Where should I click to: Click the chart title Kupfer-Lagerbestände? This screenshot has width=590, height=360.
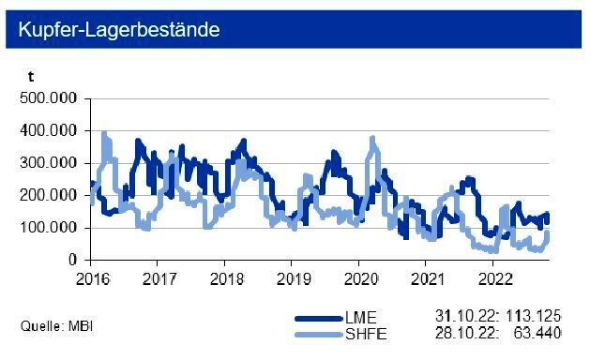[118, 30]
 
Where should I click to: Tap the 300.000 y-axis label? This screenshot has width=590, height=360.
[52, 163]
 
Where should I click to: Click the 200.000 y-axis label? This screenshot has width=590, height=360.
[52, 196]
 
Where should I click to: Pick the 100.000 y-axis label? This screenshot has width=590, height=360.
[52, 228]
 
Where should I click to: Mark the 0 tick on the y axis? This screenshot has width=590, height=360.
[74, 260]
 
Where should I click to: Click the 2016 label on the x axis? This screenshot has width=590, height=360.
[91, 278]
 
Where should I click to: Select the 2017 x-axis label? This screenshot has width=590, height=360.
[158, 278]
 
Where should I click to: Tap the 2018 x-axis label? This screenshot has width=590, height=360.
[225, 278]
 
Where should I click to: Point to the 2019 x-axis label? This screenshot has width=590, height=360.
[293, 278]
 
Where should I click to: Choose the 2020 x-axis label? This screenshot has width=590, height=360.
[360, 278]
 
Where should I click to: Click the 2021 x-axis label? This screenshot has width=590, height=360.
[428, 278]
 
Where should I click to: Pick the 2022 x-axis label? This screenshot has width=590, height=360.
[494, 278]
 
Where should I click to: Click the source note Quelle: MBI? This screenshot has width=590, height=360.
[56, 326]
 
